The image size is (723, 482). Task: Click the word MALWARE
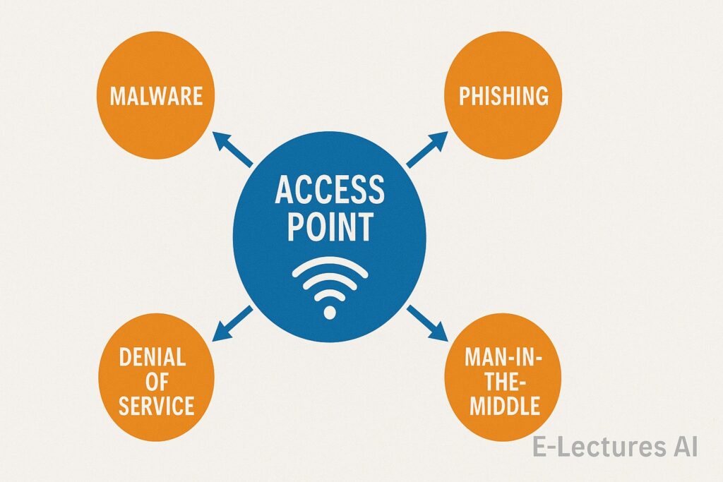pyautogui.click(x=156, y=95)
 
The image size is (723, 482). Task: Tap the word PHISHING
pyautogui.click(x=503, y=95)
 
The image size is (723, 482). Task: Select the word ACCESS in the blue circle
pyautogui.click(x=330, y=191)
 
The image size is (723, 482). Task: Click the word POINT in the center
pyautogui.click(x=330, y=228)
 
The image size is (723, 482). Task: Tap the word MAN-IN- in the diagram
pyautogui.click(x=503, y=358)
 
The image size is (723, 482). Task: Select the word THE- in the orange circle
pyautogui.click(x=503, y=382)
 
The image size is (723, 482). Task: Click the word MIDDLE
pyautogui.click(x=503, y=406)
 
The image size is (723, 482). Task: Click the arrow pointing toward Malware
pyautogui.click(x=232, y=150)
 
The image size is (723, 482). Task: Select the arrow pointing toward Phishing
pyautogui.click(x=426, y=150)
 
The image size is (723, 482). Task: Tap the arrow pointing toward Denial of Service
pyautogui.click(x=232, y=323)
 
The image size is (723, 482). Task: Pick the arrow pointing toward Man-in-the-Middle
pyautogui.click(x=426, y=323)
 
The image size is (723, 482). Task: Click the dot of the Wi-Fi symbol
pyautogui.click(x=330, y=310)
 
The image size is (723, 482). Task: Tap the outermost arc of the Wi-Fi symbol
pyautogui.click(x=330, y=263)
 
